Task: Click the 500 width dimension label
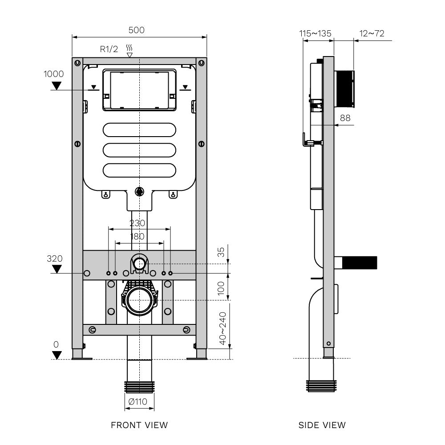[137, 30]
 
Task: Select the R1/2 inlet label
[109, 49]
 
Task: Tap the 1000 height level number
[53, 74]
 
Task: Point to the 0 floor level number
[56, 344]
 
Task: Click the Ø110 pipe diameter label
[138, 401]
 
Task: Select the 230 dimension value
[137, 223]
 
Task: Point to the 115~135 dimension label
[315, 33]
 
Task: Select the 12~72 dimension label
[372, 33]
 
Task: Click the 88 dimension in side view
[345, 118]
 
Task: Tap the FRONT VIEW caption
[139, 425]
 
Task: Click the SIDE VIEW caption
[322, 425]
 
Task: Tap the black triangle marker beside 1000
[57, 85]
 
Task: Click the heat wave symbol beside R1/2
[129, 48]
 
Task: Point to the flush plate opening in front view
[139, 89]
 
